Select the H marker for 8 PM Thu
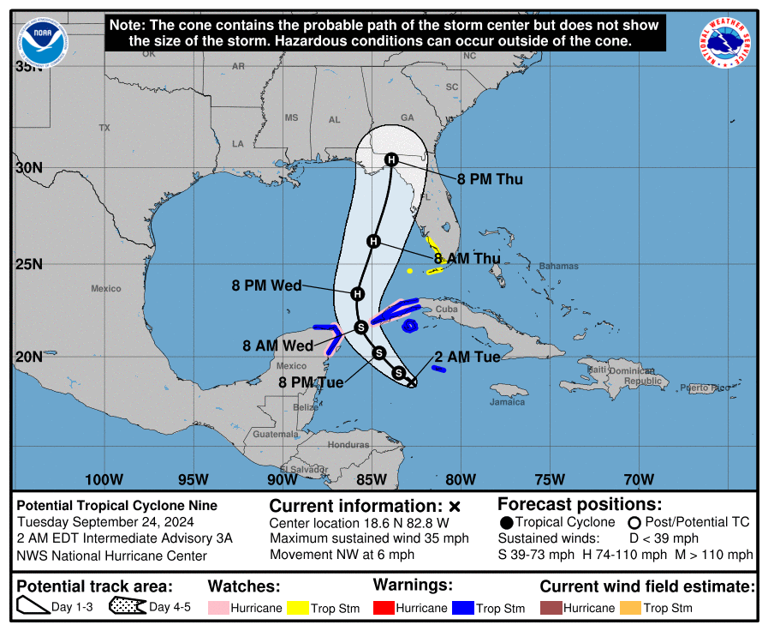[x=391, y=159]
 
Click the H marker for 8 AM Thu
[x=373, y=241]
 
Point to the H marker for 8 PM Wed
[x=358, y=293]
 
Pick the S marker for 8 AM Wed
[x=361, y=326]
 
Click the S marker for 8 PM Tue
[x=379, y=352]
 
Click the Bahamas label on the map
[x=559, y=266]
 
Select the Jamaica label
[x=507, y=401]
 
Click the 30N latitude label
[x=28, y=167]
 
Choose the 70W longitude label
[x=639, y=479]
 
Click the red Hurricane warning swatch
[x=387, y=608]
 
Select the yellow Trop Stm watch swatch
[x=298, y=608]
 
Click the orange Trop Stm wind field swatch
[x=631, y=608]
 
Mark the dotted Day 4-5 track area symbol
[x=128, y=608]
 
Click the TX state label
[x=104, y=128]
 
